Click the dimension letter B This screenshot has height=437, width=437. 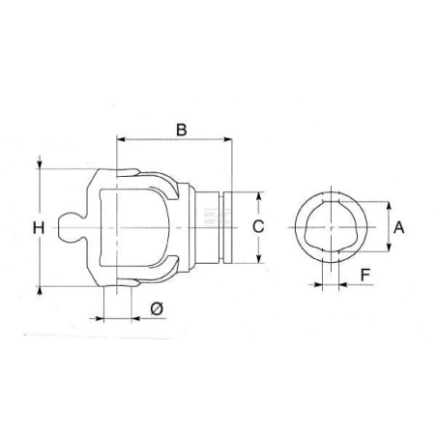(182, 130)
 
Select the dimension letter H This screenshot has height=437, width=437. (39, 228)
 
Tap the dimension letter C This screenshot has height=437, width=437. (258, 226)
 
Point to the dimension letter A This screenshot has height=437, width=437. (399, 227)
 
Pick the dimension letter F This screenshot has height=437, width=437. (365, 276)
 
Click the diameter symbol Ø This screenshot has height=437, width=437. (157, 309)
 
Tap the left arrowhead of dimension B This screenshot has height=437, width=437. (121, 139)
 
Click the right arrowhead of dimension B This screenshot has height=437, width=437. (228, 139)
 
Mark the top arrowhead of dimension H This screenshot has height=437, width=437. (40, 164)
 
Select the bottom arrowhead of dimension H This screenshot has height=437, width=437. (40, 290)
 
